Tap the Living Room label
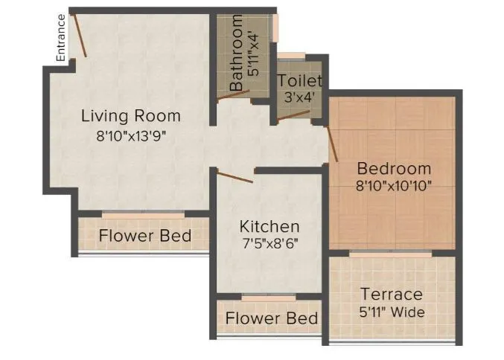(131, 116)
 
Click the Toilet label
(300, 80)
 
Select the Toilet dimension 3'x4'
(300, 97)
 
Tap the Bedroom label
(394, 167)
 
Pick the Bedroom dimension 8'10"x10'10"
(394, 184)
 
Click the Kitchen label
(269, 226)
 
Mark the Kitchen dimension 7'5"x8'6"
(269, 242)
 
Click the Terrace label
(391, 294)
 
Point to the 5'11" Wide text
(391, 312)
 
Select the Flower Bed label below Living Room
(145, 237)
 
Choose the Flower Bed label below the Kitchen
(272, 318)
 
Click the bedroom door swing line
(332, 143)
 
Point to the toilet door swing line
(293, 115)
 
